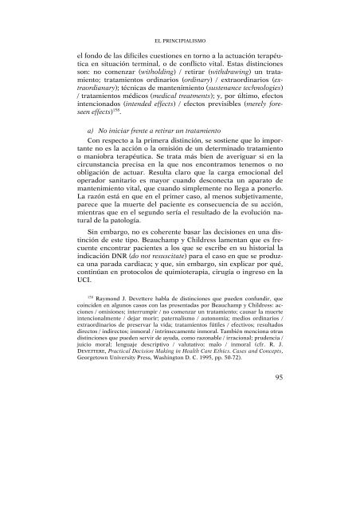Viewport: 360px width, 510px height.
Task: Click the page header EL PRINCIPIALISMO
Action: [179, 36]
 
